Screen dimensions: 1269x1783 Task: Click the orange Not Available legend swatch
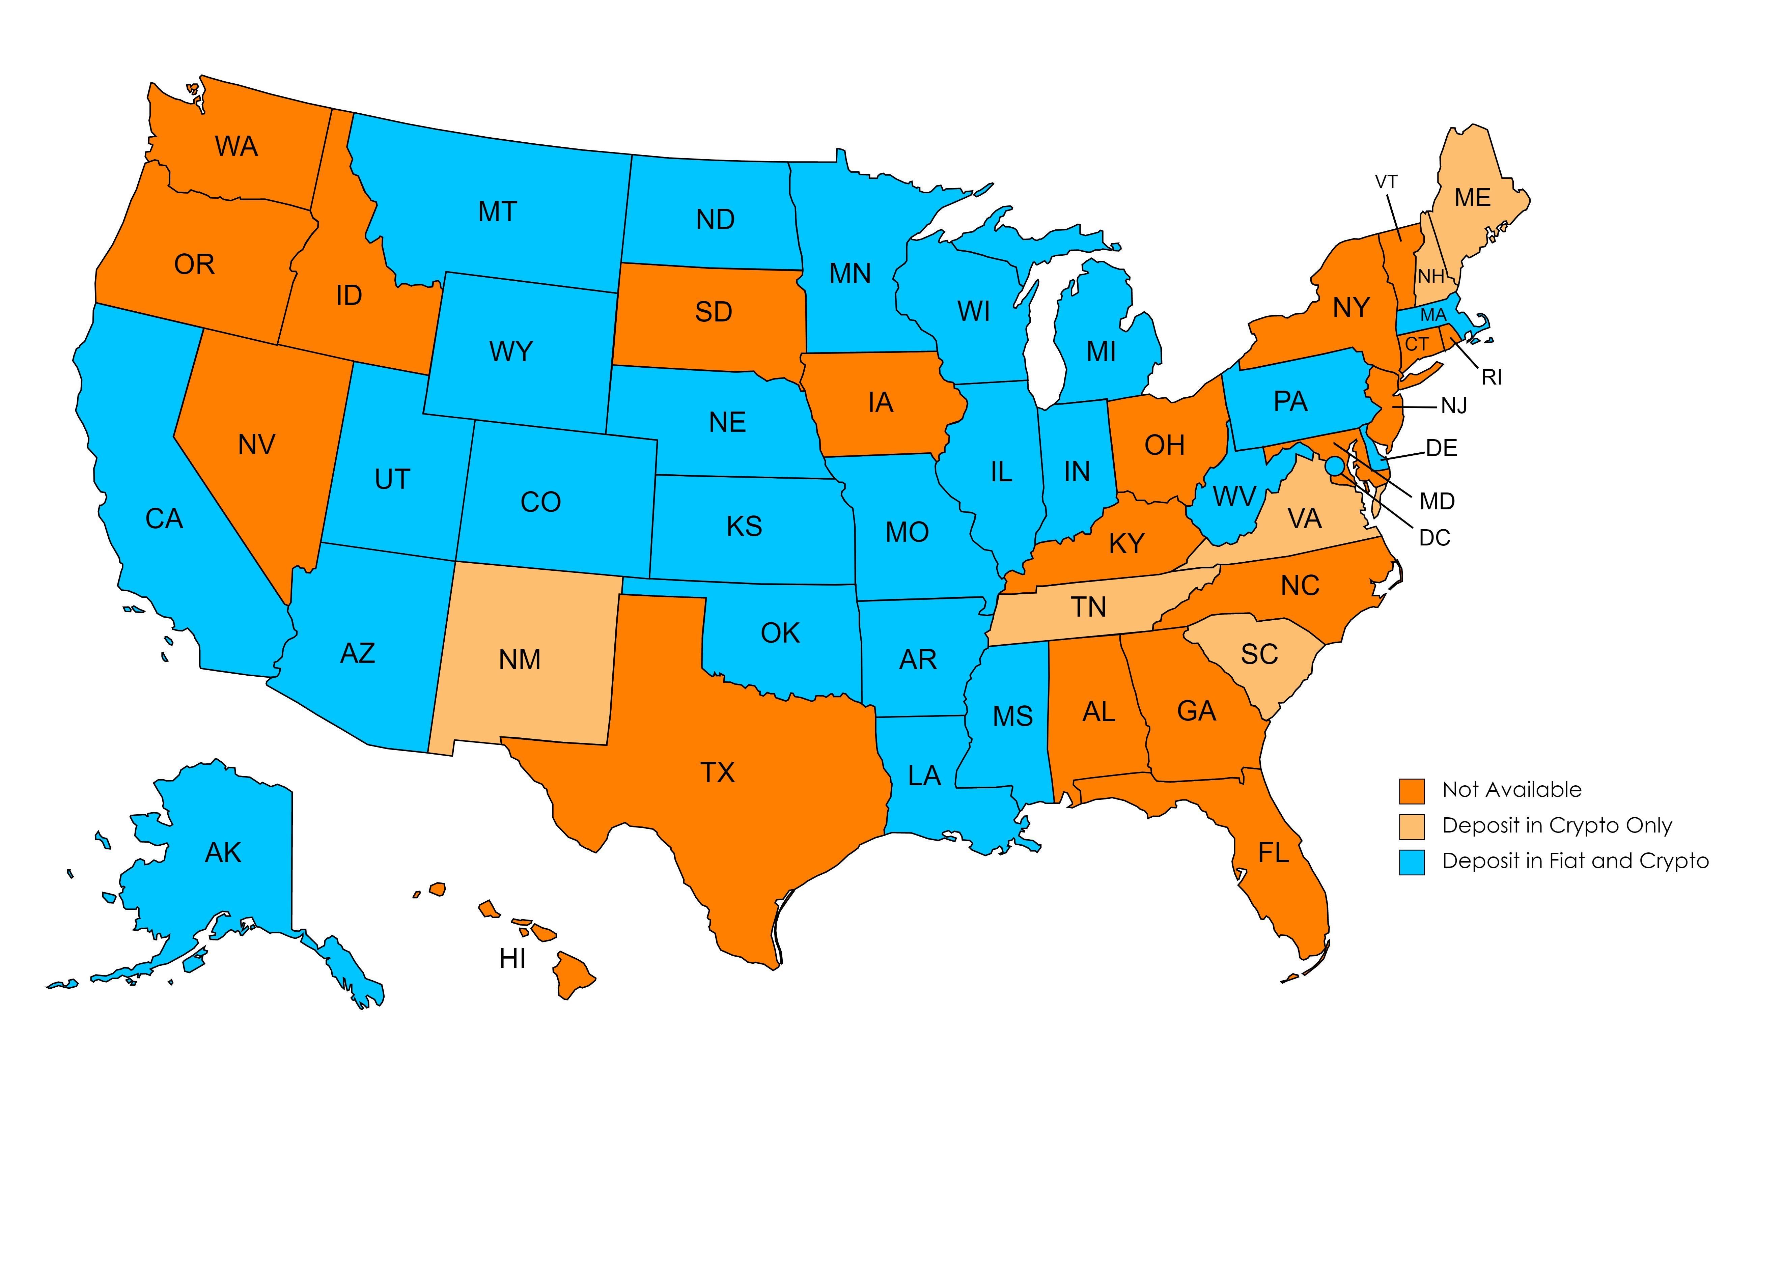[1411, 791]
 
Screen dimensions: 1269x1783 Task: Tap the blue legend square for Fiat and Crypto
[1411, 862]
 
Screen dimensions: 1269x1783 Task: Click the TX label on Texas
[717, 773]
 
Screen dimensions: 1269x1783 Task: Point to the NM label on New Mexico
[520, 660]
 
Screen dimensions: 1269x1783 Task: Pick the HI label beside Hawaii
[512, 959]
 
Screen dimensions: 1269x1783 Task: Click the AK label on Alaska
[223, 852]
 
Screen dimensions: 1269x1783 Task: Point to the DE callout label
[1442, 449]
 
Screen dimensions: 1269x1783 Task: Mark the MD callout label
[1437, 502]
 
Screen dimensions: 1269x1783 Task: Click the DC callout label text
[1434, 538]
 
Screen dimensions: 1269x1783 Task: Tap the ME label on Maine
[1472, 198]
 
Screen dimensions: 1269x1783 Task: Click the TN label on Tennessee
[1088, 607]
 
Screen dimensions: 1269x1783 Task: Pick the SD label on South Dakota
[713, 313]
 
